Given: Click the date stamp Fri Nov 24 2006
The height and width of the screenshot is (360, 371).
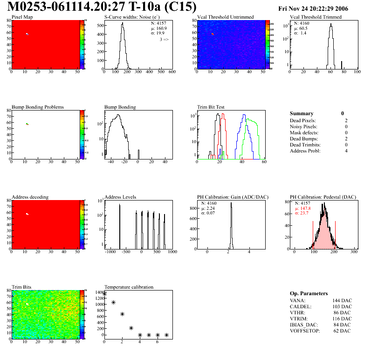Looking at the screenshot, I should (x=320, y=9).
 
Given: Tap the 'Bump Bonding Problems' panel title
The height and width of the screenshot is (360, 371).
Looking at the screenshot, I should (x=38, y=107).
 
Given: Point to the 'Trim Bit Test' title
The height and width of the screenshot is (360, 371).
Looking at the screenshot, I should (x=211, y=107).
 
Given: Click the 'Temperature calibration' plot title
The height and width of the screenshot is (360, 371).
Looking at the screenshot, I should (x=129, y=287).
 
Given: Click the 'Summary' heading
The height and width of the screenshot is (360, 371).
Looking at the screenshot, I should (x=302, y=113).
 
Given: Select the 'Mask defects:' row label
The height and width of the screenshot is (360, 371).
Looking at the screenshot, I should (x=304, y=132).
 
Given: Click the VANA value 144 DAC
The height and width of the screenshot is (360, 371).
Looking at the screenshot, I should (x=343, y=300).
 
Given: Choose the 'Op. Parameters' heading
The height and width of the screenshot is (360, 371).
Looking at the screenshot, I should (x=309, y=293).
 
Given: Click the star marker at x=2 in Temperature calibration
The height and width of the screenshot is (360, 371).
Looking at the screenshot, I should (x=122, y=314).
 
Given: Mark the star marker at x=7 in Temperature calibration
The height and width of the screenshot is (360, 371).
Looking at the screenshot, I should (x=166, y=335).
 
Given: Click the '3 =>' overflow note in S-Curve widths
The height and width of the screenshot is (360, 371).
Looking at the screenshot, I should (x=164, y=40).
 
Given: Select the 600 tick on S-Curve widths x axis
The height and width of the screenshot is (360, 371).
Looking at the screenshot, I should (x=172, y=72).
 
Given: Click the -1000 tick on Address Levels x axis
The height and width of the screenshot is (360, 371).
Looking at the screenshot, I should (x=110, y=251).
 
